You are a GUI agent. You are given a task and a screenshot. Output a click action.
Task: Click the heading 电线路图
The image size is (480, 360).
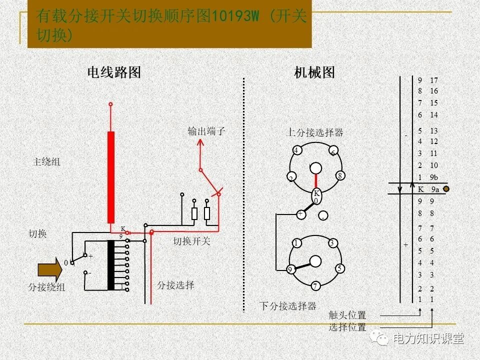pyautogui.click(x=114, y=72)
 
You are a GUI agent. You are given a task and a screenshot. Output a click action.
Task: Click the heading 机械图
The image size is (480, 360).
pyautogui.click(x=314, y=72)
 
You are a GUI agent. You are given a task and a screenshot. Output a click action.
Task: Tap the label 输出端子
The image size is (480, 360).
pyautogui.click(x=206, y=131)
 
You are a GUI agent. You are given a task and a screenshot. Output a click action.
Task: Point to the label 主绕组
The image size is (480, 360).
pyautogui.click(x=46, y=162)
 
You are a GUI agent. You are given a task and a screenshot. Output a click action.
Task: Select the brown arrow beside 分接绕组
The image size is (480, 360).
pyautogui.click(x=50, y=270)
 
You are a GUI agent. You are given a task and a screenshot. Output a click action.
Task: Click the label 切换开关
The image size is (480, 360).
pyautogui.click(x=192, y=241)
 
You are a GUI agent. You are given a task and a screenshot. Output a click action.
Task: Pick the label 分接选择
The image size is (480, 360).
pyautogui.click(x=175, y=285)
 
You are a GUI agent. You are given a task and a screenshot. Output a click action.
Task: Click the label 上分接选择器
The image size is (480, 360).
pyautogui.click(x=314, y=132)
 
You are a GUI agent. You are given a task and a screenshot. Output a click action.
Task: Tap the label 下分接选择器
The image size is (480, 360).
pyautogui.click(x=287, y=306)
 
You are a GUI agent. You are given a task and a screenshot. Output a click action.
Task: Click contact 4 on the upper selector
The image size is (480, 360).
pyautogui.click(x=296, y=150)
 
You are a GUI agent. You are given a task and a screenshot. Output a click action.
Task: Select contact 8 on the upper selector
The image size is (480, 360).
pyautogui.click(x=339, y=175)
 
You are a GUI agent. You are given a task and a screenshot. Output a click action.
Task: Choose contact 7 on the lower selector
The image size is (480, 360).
pyautogui.click(x=315, y=286)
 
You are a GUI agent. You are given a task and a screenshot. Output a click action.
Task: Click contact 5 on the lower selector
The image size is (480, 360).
pyautogui.click(x=339, y=268)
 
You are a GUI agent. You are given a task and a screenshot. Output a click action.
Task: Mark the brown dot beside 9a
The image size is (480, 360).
pyautogui.click(x=446, y=189)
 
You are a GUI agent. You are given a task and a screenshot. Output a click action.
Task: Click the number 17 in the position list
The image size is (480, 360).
pyautogui.click(x=433, y=80)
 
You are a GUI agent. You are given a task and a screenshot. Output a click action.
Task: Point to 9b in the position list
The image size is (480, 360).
pyautogui.click(x=433, y=177)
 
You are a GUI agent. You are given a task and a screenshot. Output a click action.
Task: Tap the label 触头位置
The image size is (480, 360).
pyautogui.click(x=347, y=315)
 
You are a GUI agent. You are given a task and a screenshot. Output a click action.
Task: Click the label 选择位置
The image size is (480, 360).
pyautogui.click(x=347, y=327)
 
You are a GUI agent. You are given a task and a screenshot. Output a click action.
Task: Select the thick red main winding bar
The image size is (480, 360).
pyautogui.click(x=110, y=177)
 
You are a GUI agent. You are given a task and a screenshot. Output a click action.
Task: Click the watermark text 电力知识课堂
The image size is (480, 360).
pyautogui.click(x=428, y=338)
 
